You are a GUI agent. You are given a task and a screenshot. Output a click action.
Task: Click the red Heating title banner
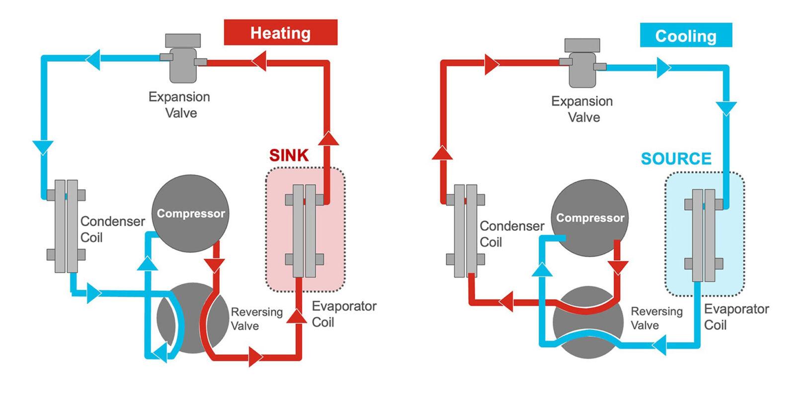coord(280,33)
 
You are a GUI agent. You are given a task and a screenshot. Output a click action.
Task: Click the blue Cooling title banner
coord(685,36)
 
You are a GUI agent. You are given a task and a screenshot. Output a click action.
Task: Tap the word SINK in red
coord(289,155)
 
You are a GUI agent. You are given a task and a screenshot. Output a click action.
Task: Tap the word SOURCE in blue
coord(676,159)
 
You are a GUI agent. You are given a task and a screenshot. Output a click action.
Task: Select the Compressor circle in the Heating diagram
coord(190,213)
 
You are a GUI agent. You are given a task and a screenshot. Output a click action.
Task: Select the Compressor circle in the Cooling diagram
coord(590,218)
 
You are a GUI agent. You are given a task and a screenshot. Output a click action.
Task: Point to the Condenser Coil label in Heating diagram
coord(112,229)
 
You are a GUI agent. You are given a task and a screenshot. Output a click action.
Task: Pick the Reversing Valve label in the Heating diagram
coord(256,318)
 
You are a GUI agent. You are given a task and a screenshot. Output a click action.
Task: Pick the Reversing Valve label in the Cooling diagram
coord(656,318)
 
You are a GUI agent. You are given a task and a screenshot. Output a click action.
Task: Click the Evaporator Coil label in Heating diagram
coord(343,314)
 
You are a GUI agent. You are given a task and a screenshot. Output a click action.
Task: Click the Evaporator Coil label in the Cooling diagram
coord(736,316)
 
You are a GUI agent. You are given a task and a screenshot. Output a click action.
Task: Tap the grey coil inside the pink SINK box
coord(304,230)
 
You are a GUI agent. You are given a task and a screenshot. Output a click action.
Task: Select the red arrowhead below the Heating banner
coord(259,63)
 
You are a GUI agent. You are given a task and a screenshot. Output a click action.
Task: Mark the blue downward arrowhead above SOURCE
coord(726,108)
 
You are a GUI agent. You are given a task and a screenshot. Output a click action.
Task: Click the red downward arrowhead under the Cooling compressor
coord(618,267)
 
